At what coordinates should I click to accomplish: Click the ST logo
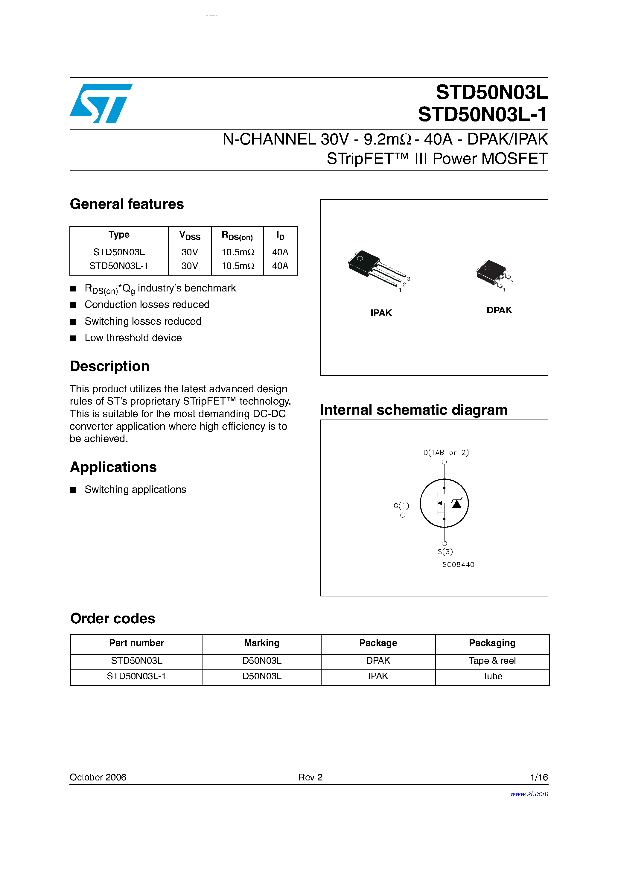click(101, 103)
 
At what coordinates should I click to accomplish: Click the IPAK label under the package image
click(381, 313)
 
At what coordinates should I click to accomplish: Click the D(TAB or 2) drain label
click(446, 452)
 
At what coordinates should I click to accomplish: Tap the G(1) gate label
click(401, 506)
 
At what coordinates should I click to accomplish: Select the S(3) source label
click(445, 552)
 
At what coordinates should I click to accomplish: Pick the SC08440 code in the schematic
click(458, 564)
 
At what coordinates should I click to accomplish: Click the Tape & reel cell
click(492, 660)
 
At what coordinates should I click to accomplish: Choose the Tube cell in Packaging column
click(492, 676)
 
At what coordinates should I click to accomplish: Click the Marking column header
click(262, 643)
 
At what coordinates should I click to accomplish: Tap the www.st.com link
click(529, 794)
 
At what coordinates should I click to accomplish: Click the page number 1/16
click(539, 777)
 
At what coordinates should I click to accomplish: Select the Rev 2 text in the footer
click(310, 777)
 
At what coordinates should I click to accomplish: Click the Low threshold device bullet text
click(133, 338)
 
